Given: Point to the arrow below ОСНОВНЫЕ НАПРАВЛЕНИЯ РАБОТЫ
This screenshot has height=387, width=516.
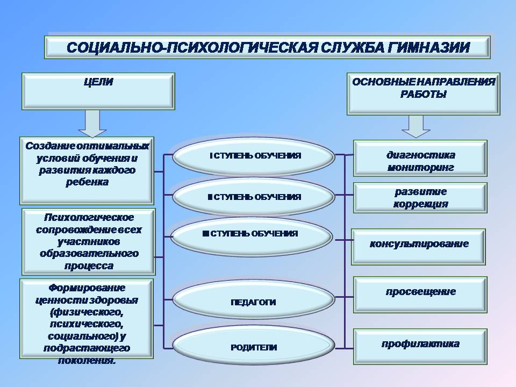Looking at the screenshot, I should click(416, 126).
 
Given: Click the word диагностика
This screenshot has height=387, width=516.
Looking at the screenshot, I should click(420, 155).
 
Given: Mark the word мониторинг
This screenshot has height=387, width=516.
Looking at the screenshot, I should click(420, 168).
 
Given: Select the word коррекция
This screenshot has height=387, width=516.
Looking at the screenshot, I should click(420, 204).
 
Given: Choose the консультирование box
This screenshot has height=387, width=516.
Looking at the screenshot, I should click(419, 246).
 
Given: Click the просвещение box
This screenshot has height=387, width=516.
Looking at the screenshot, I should click(420, 294).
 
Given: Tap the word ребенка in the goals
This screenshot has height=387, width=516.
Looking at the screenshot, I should click(88, 182).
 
